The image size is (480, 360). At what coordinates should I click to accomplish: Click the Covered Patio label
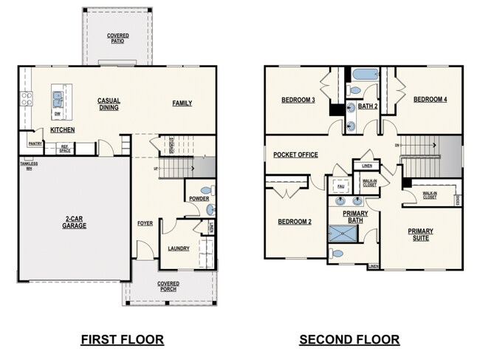(x=117, y=38)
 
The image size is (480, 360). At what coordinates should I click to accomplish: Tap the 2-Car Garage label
(x=74, y=222)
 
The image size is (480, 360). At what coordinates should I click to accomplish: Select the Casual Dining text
(x=109, y=104)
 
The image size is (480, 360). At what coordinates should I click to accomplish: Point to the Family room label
(x=182, y=103)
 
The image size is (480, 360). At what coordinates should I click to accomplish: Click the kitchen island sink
(x=57, y=97)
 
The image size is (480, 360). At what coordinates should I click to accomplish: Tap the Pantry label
(x=35, y=144)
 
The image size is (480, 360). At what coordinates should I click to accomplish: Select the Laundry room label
(x=179, y=248)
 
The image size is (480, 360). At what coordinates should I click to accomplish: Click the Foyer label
(x=145, y=223)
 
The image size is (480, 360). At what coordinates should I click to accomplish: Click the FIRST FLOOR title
(x=122, y=339)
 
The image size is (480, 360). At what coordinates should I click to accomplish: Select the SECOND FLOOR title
(x=349, y=339)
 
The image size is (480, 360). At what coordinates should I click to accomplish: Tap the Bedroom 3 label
(x=298, y=100)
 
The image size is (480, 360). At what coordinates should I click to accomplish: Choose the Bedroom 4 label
(x=430, y=100)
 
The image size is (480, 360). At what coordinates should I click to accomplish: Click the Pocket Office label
(x=295, y=154)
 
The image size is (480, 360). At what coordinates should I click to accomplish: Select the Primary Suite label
(x=420, y=234)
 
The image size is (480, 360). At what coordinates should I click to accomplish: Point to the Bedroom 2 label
(x=295, y=222)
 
